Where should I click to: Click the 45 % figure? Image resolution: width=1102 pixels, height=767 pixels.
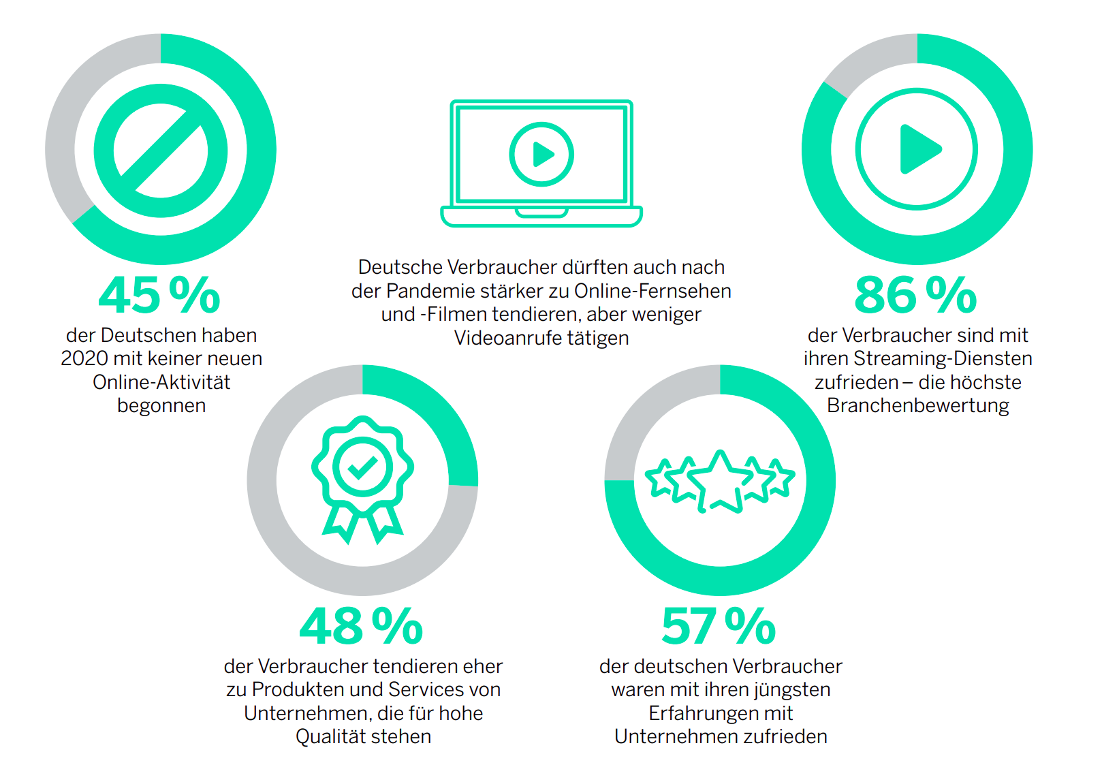pos(159,295)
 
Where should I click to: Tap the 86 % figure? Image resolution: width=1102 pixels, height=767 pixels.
pos(915,295)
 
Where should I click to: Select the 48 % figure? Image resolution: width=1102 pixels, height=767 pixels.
pos(361,626)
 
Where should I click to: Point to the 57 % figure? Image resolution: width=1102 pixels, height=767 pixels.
pos(719,626)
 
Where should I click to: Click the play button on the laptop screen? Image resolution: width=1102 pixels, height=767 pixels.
pos(542,155)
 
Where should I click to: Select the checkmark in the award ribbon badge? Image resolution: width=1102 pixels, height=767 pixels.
pos(362,467)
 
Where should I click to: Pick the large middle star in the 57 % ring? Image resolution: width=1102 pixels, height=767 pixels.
pos(719,480)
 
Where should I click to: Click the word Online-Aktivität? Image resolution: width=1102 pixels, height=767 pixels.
pos(161,382)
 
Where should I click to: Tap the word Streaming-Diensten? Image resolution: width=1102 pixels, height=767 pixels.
pos(943,358)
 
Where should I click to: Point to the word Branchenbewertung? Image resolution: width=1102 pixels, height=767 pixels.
pos(918,405)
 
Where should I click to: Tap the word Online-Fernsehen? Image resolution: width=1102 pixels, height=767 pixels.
pos(652,291)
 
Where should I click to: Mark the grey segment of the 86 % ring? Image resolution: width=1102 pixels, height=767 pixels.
pos(868,61)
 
